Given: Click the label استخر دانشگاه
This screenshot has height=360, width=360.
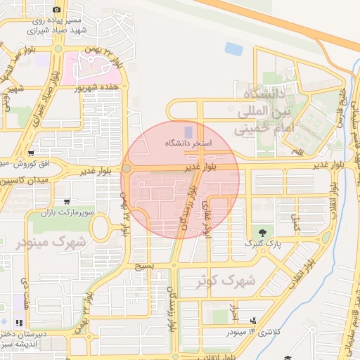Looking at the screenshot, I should [x=188, y=143].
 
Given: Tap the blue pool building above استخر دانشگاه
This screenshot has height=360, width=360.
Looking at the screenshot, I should [x=187, y=131].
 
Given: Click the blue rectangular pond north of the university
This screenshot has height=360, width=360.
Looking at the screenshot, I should [x=233, y=49].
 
